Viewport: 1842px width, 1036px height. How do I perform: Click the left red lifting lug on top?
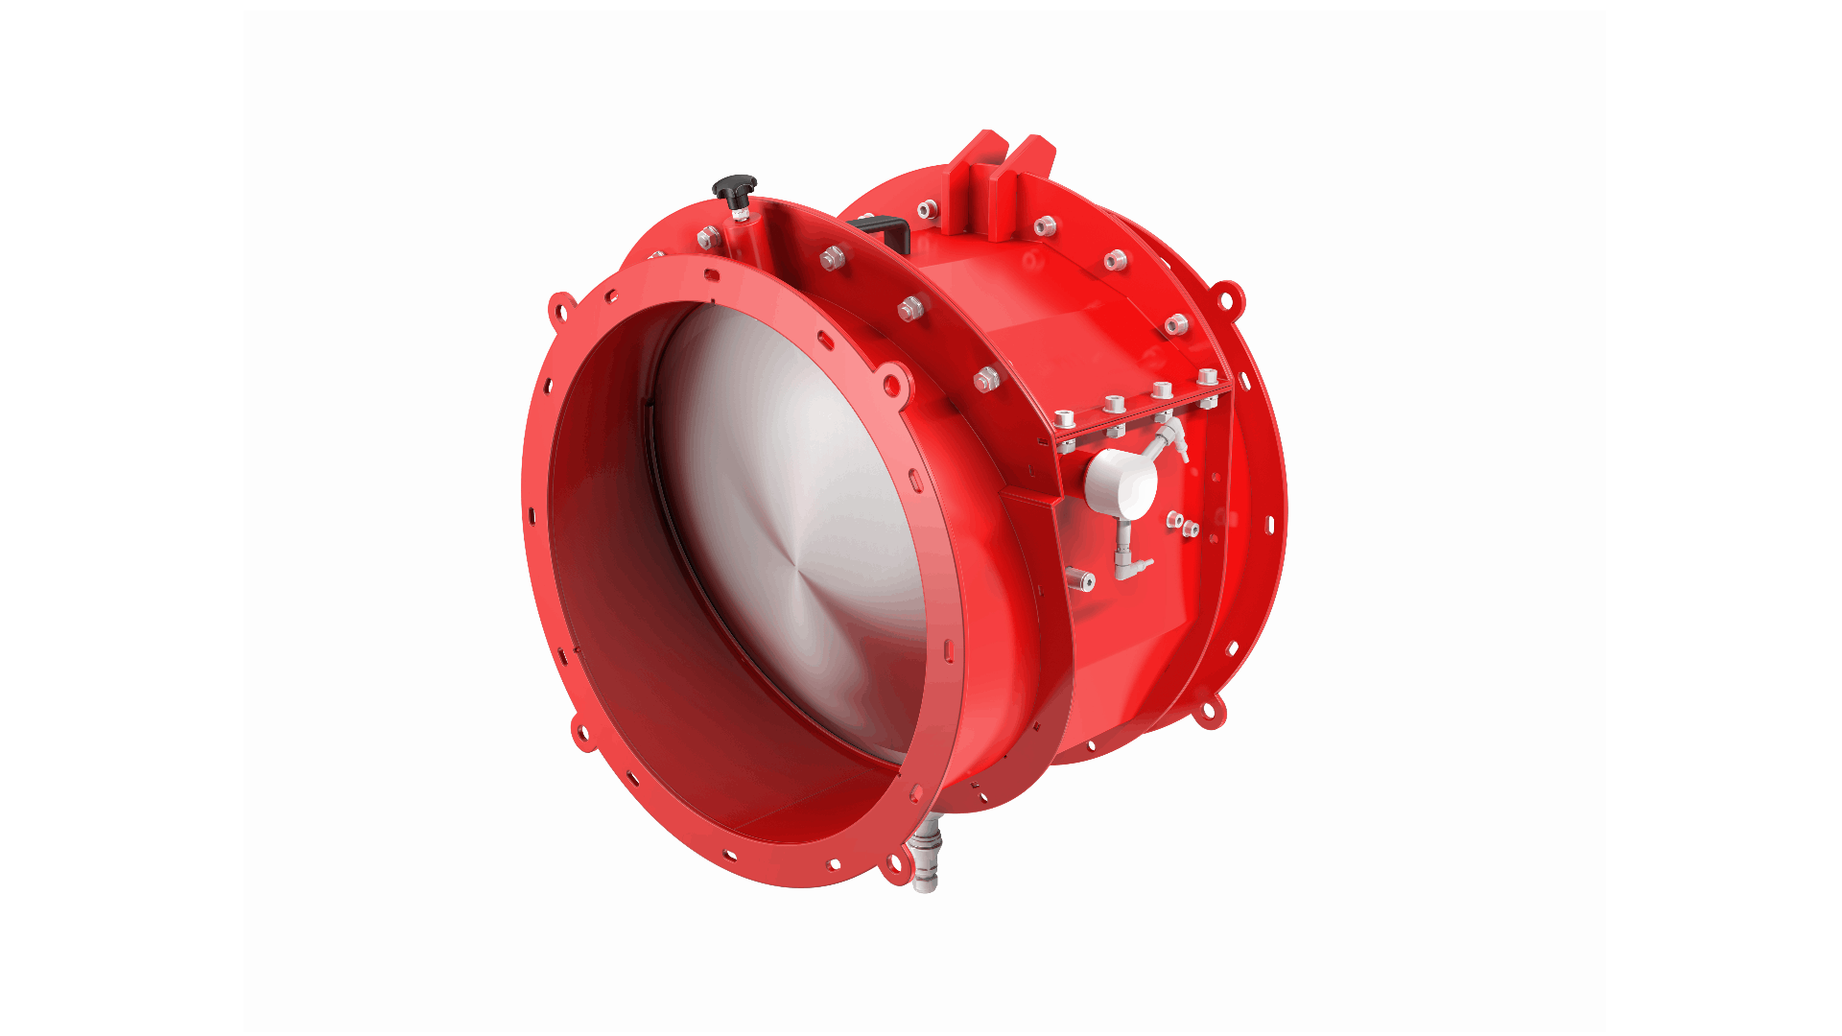point(979,182)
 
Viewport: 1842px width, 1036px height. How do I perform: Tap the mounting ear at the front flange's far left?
point(561,310)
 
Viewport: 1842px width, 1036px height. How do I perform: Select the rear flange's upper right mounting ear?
point(1227,297)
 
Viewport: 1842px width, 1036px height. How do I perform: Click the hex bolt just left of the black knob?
point(708,237)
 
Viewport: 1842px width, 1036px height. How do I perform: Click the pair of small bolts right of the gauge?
point(1182,524)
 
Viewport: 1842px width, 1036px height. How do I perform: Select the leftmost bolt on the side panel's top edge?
point(1064,420)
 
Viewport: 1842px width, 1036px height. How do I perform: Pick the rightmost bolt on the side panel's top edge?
point(1208,377)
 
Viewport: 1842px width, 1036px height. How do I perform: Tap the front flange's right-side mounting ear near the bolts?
point(892,384)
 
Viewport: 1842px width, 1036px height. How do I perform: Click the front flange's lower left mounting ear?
point(582,734)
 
